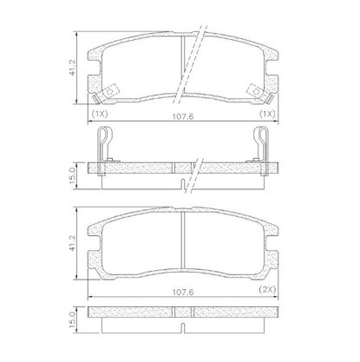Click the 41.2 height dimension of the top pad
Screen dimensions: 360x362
(x=72, y=67)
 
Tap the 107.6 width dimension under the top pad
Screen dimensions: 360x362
(x=183, y=116)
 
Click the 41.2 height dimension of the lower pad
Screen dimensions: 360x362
(x=72, y=242)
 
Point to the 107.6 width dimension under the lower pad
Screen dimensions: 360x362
(x=183, y=293)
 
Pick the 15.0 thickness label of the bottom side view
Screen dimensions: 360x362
(x=72, y=319)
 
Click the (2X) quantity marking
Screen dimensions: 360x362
(x=267, y=289)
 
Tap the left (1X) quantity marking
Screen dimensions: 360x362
(x=100, y=114)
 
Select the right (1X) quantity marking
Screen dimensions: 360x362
(x=267, y=114)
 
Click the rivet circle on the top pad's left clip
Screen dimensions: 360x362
(x=110, y=91)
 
